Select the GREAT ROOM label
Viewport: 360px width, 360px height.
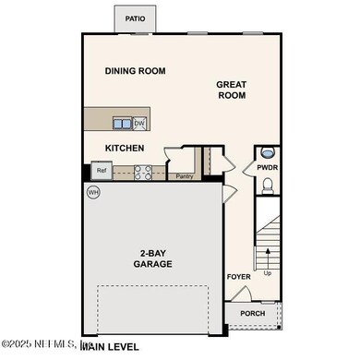pyautogui.click(x=231, y=89)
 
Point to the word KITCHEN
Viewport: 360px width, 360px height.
pyautogui.click(x=125, y=148)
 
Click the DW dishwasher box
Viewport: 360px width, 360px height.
pyautogui.click(x=139, y=123)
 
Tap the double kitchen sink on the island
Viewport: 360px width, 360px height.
pyautogui.click(x=123, y=123)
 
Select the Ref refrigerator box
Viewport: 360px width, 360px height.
pyautogui.click(x=101, y=171)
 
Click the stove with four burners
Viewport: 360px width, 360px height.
pyautogui.click(x=143, y=171)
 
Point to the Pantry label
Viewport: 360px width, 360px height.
pyautogui.click(x=183, y=175)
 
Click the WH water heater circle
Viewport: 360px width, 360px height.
pyautogui.click(x=93, y=192)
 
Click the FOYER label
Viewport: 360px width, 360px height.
pyautogui.click(x=238, y=276)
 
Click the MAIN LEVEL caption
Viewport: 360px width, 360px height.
pyautogui.click(x=112, y=346)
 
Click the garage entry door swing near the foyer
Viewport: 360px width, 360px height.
pyautogui.click(x=227, y=195)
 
